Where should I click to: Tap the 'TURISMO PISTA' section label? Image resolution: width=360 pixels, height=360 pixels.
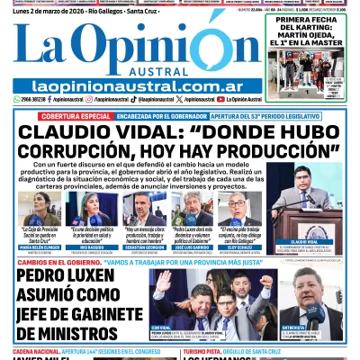(216, 349)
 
